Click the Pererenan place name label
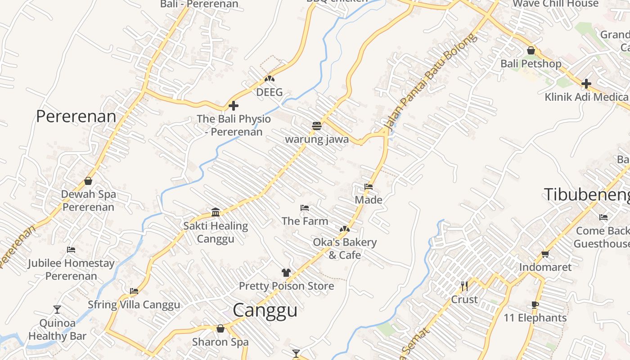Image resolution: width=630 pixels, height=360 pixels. click(76, 116)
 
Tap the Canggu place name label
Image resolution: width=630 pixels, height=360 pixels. click(265, 310)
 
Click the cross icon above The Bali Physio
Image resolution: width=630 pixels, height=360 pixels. click(234, 106)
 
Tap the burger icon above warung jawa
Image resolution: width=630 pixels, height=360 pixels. click(317, 126)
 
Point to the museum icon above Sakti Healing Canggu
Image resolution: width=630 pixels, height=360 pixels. click(216, 212)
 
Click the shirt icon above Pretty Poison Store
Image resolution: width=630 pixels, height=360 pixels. click(286, 272)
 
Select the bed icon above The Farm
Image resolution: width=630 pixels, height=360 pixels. click(305, 208)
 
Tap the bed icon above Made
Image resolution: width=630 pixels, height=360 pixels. click(369, 187)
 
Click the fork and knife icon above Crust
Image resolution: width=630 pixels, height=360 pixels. click(464, 286)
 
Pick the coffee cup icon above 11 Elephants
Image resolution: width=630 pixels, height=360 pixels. click(535, 305)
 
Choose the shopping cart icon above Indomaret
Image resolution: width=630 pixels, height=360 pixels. click(545, 254)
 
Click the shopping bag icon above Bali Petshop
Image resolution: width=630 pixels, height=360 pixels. click(531, 50)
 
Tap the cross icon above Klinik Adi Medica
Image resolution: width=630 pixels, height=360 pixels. click(586, 84)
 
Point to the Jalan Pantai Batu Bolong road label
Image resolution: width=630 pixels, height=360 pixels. click(429, 83)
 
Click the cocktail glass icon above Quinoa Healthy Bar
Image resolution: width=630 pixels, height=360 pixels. click(57, 310)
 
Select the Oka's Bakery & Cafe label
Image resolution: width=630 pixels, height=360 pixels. click(345, 248)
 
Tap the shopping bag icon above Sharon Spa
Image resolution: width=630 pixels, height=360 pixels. click(220, 328)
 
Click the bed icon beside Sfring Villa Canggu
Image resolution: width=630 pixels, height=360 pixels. click(134, 291)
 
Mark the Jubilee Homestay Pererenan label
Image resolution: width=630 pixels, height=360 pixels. click(71, 269)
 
